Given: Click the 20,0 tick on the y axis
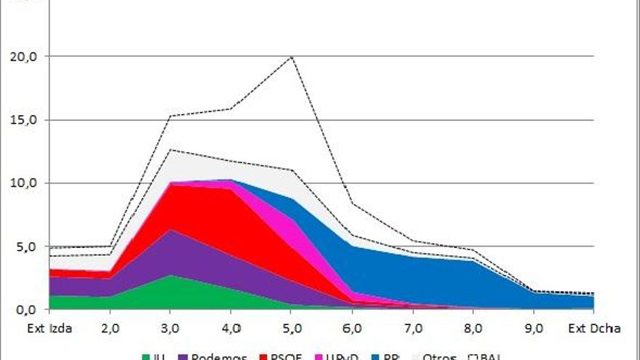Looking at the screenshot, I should [x=28, y=57].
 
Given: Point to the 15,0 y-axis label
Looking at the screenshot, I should [x=28, y=120].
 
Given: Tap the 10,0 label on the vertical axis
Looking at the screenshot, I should [x=28, y=183].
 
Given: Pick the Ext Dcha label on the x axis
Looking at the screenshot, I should [x=595, y=328].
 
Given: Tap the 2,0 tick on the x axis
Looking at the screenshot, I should [x=110, y=328].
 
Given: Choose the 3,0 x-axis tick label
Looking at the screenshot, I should [x=170, y=328].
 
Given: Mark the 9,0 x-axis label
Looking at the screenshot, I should [x=534, y=328].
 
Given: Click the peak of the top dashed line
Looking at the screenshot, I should [x=292, y=57].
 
